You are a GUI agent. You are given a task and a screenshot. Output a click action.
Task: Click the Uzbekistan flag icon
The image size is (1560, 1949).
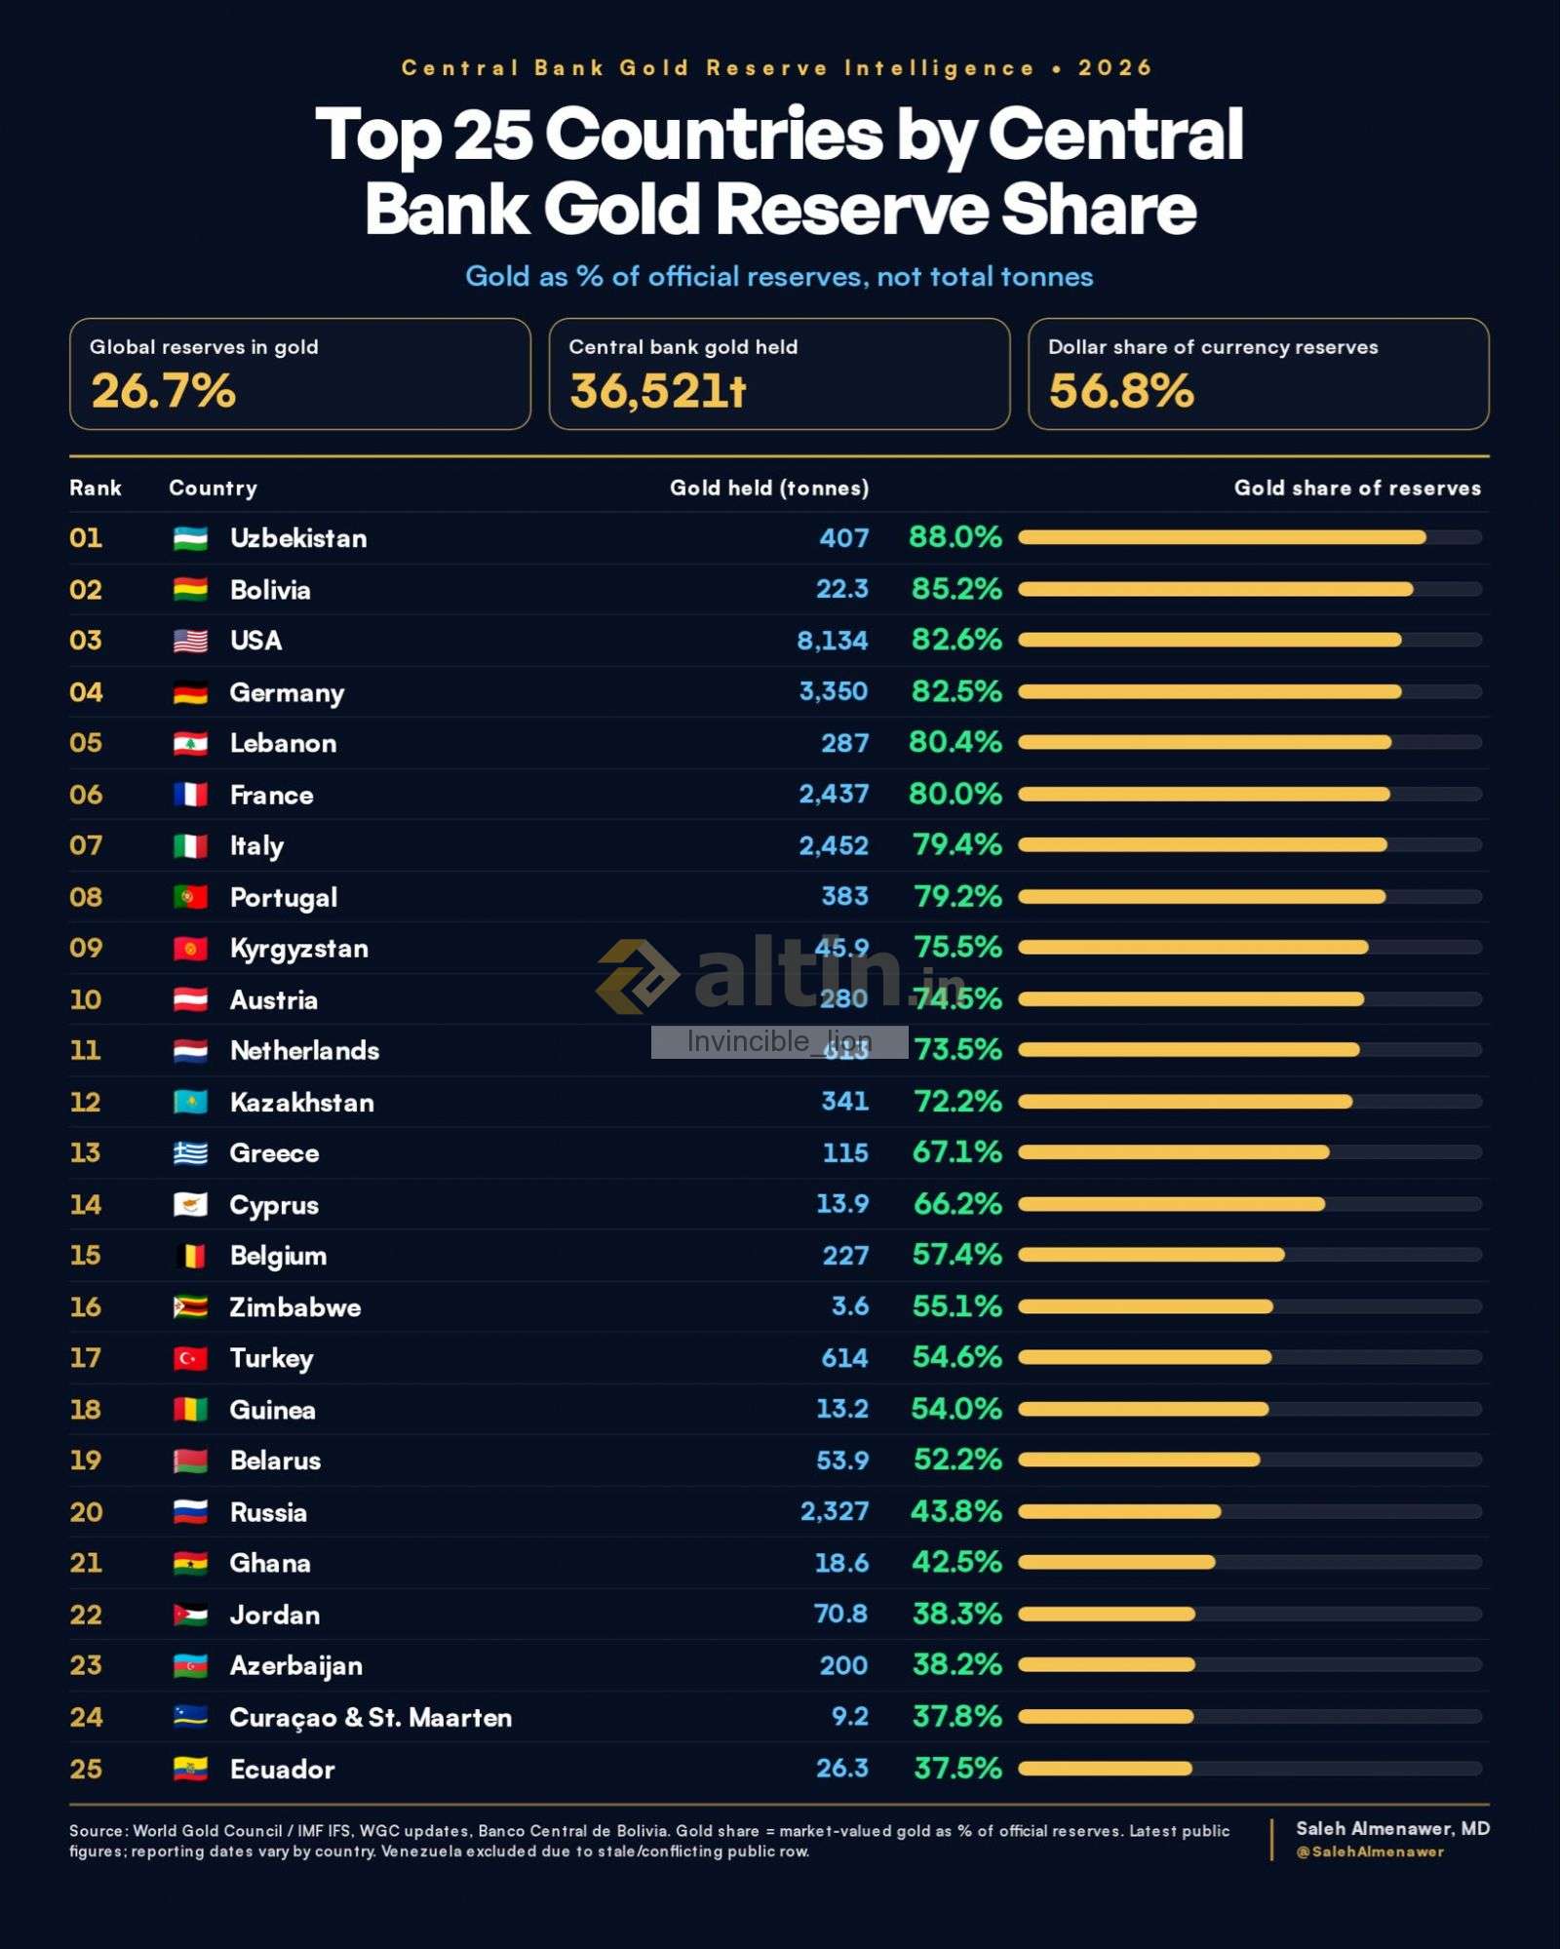pyautogui.click(x=190, y=538)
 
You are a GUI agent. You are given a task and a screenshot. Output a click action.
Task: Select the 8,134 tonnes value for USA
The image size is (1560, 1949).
pyautogui.click(x=832, y=641)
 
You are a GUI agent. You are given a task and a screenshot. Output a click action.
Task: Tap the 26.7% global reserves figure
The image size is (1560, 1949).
pyautogui.click(x=164, y=391)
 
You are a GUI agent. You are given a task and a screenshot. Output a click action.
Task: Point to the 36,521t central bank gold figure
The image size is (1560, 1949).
pyautogui.click(x=658, y=391)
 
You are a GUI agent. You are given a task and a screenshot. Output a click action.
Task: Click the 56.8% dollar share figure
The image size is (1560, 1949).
pyautogui.click(x=1121, y=391)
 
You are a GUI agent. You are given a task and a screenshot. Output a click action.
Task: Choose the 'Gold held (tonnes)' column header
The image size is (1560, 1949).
pyautogui.click(x=768, y=488)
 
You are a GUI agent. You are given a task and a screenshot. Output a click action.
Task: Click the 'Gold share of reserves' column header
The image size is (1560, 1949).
pyautogui.click(x=1357, y=488)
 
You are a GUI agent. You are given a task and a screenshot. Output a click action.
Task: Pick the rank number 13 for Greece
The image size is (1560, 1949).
pyautogui.click(x=86, y=1152)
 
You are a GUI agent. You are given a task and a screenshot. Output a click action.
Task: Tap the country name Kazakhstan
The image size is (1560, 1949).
pyautogui.click(x=302, y=1102)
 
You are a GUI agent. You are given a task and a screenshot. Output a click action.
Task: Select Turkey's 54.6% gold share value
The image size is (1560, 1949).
pyautogui.click(x=956, y=1357)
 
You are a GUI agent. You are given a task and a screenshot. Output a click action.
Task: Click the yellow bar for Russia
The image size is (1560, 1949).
pyautogui.click(x=1119, y=1511)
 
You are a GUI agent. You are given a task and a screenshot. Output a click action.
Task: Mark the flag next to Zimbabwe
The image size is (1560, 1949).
pyautogui.click(x=190, y=1306)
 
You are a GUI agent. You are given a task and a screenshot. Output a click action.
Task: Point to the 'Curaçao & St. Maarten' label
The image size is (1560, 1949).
pyautogui.click(x=370, y=1717)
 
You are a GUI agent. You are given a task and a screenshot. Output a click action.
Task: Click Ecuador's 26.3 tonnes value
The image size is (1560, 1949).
pyautogui.click(x=841, y=1768)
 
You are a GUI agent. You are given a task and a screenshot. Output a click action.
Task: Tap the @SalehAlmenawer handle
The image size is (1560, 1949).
pyautogui.click(x=1370, y=1852)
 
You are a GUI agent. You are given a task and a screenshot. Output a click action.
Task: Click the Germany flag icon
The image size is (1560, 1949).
pyautogui.click(x=190, y=692)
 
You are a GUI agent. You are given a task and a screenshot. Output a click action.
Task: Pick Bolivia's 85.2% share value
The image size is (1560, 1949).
pyautogui.click(x=956, y=589)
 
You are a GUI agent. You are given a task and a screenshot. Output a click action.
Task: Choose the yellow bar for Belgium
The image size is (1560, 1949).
pyautogui.click(x=1151, y=1255)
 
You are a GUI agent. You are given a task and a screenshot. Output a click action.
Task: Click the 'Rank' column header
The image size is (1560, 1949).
pyautogui.click(x=96, y=488)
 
